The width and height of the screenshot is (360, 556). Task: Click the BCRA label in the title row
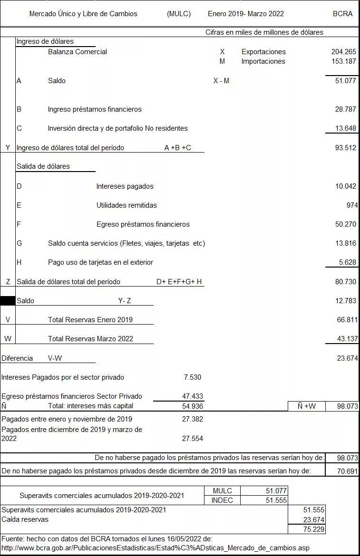click(x=342, y=14)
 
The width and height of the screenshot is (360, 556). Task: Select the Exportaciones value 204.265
click(x=343, y=52)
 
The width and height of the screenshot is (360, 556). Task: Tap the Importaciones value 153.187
click(x=343, y=61)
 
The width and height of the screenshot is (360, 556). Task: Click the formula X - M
click(x=221, y=81)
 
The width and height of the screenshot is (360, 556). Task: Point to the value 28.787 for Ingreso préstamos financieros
click(x=345, y=109)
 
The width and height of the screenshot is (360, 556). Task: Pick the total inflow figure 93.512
click(x=345, y=148)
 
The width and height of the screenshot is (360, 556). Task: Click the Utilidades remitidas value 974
click(x=352, y=205)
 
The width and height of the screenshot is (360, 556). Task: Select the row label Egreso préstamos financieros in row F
click(x=143, y=224)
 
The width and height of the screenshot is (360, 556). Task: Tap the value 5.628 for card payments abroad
click(x=347, y=262)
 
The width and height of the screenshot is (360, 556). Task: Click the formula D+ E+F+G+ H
click(x=179, y=282)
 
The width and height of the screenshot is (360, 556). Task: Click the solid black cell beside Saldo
click(x=8, y=301)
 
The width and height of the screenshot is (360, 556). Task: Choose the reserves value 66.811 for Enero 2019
click(x=347, y=320)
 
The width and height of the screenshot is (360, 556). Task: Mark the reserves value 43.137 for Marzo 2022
click(x=347, y=339)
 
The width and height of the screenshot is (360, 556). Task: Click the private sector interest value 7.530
click(x=192, y=377)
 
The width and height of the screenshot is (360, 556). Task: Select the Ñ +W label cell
click(x=307, y=406)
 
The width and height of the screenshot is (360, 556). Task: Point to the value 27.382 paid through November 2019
click(x=192, y=419)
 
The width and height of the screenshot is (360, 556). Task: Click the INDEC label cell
click(x=222, y=500)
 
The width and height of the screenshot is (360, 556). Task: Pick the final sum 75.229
click(x=314, y=529)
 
